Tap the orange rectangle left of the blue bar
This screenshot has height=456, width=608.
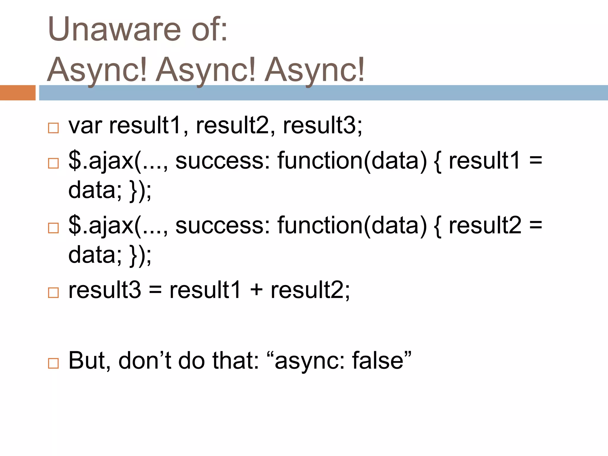pyautogui.click(x=18, y=93)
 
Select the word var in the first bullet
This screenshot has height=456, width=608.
pyautogui.click(x=85, y=126)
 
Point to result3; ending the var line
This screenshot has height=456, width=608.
pyautogui.click(x=322, y=126)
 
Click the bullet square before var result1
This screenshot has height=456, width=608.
pyautogui.click(x=53, y=128)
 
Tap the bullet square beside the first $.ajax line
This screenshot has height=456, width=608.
pyautogui.click(x=53, y=163)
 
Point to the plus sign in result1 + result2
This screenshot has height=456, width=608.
pyautogui.click(x=256, y=290)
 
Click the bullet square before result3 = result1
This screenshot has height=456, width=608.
pyautogui.click(x=53, y=293)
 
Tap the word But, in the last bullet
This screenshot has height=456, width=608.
pyautogui.click(x=89, y=361)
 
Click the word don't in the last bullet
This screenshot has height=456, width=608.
pyautogui.click(x=145, y=361)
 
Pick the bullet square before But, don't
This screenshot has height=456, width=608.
pyautogui.click(x=53, y=363)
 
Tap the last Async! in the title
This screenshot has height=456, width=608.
pyautogui.click(x=314, y=70)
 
